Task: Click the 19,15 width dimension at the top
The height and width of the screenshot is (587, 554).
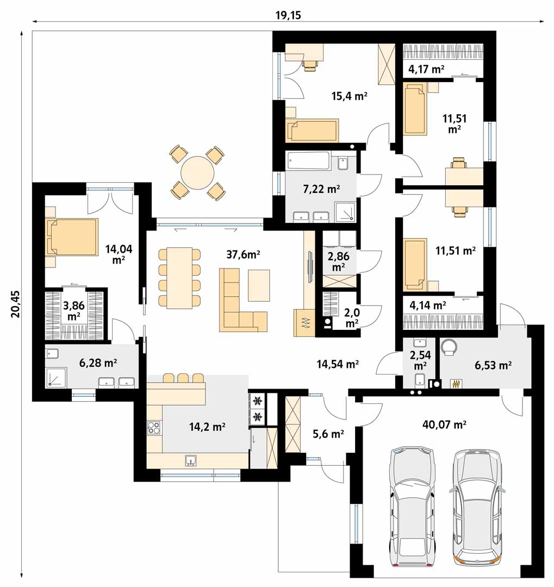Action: click(x=288, y=15)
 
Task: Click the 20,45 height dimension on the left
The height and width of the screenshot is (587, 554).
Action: click(x=16, y=304)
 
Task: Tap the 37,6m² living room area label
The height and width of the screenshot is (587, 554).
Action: click(x=243, y=254)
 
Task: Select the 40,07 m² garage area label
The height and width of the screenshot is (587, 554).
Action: click(x=444, y=424)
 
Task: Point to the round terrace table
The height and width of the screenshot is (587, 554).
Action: click(x=197, y=173)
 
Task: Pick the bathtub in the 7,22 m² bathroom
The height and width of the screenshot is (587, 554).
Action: click(x=309, y=160)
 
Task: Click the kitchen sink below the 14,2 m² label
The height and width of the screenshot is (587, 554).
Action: click(x=191, y=460)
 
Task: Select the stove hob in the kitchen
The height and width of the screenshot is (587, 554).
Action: click(x=153, y=428)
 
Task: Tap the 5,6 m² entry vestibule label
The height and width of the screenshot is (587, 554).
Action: click(x=328, y=434)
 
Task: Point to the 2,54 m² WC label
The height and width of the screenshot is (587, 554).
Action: click(x=420, y=360)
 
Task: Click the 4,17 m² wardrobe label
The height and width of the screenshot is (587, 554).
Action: click(x=426, y=69)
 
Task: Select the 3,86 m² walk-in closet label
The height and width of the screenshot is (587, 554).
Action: click(x=74, y=311)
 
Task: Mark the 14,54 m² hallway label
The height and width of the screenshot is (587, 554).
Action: click(x=338, y=364)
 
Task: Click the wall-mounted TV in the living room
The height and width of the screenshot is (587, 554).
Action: click(x=310, y=266)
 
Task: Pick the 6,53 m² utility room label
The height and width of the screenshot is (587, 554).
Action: click(x=493, y=365)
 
